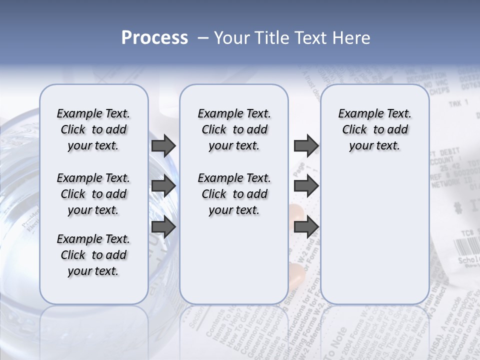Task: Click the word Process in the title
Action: [x=154, y=38]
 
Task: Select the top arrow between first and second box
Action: [x=163, y=146]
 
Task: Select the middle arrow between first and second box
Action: [x=163, y=186]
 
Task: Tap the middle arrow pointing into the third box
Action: [x=306, y=186]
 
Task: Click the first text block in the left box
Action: [x=93, y=129]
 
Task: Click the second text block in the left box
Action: [x=93, y=194]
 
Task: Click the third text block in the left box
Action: [x=93, y=255]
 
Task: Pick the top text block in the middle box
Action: [x=234, y=129]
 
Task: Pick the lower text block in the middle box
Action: [x=234, y=194]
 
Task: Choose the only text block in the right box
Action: [x=374, y=129]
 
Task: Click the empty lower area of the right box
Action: [x=374, y=235]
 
